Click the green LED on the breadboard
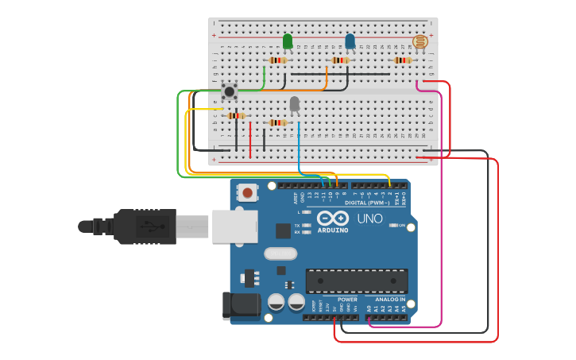288,41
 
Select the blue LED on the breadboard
350,41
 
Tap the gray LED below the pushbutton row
295,104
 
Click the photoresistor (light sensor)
419,42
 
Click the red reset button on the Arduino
249,192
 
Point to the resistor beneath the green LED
278,60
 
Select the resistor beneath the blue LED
341,60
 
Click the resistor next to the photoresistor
403,60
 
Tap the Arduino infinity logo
332,219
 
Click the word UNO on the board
369,219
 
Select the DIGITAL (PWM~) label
367,203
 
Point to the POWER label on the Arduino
347,300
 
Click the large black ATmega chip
357,281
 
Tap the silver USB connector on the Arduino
234,226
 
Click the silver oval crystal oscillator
280,254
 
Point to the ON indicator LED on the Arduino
394,226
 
